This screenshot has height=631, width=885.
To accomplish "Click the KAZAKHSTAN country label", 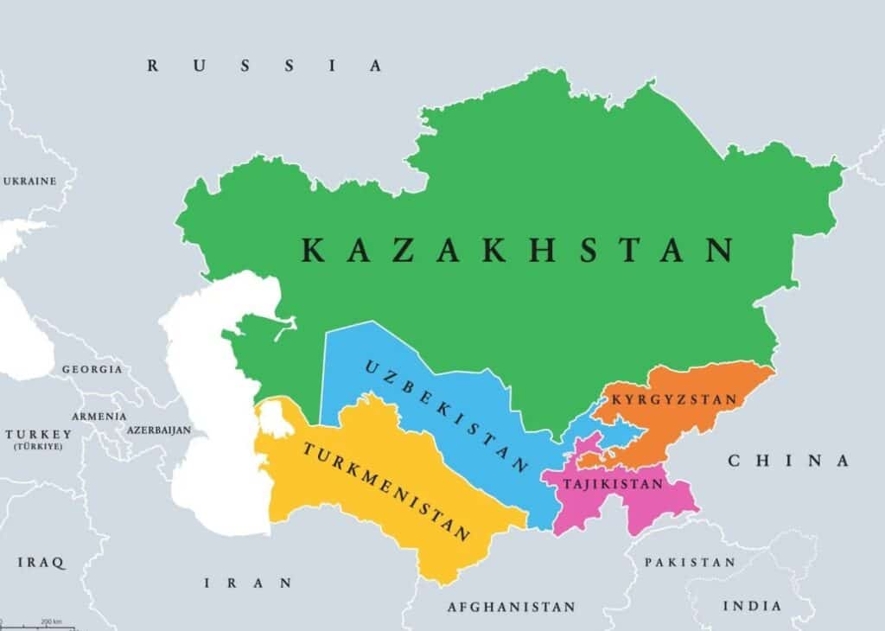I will tap(518, 250).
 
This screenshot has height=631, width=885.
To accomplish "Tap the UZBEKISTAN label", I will tap(446, 416).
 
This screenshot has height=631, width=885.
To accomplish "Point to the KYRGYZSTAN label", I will tap(674, 399).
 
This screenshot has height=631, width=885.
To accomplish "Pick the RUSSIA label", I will tap(264, 66).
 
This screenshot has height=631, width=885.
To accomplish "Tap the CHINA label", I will tap(788, 461).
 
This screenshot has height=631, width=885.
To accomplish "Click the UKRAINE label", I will tap(30, 182).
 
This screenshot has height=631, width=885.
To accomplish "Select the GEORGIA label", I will tap(92, 369).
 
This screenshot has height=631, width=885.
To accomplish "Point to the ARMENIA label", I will tap(99, 416).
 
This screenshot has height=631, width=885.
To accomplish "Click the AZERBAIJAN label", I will tap(158, 430).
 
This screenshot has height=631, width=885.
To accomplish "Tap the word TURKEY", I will tap(38, 434).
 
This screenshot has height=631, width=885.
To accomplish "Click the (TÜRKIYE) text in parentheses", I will tap(38, 447).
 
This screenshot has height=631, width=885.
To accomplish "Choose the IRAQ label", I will tap(41, 563).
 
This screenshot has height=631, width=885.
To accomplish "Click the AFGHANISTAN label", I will tap(511, 607).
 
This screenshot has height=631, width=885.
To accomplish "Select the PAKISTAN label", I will tap(690, 562).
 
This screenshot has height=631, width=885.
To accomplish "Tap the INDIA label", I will tap(751, 606).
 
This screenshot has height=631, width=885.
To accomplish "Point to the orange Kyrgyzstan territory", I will tap(691, 424).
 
